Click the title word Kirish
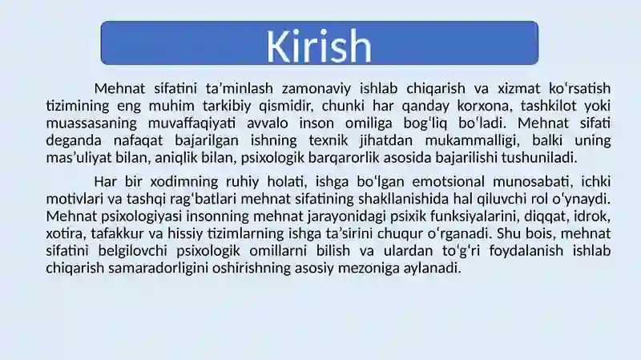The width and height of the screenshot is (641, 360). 319,46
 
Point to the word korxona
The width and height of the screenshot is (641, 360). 485,106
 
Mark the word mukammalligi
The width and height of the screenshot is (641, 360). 472,140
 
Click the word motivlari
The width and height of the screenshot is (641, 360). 69,199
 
